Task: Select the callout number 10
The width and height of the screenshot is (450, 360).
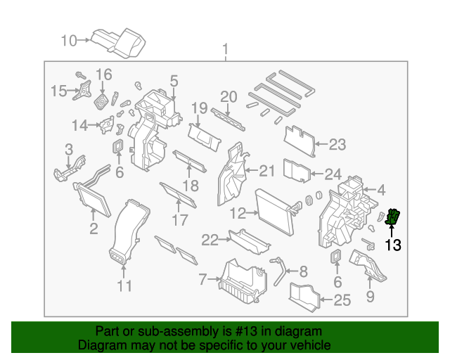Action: tap(68, 41)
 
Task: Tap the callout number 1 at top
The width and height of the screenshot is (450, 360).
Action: tap(226, 50)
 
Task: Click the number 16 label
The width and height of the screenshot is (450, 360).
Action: tap(103, 75)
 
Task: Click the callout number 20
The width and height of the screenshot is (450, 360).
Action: tap(229, 97)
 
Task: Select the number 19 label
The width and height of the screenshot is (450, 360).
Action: tap(199, 109)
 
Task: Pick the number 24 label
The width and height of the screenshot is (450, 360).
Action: tap(332, 174)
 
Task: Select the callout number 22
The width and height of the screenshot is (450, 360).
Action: tap(210, 240)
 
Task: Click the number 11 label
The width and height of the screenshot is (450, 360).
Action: tap(124, 285)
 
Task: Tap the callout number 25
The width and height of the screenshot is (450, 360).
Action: tap(341, 302)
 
